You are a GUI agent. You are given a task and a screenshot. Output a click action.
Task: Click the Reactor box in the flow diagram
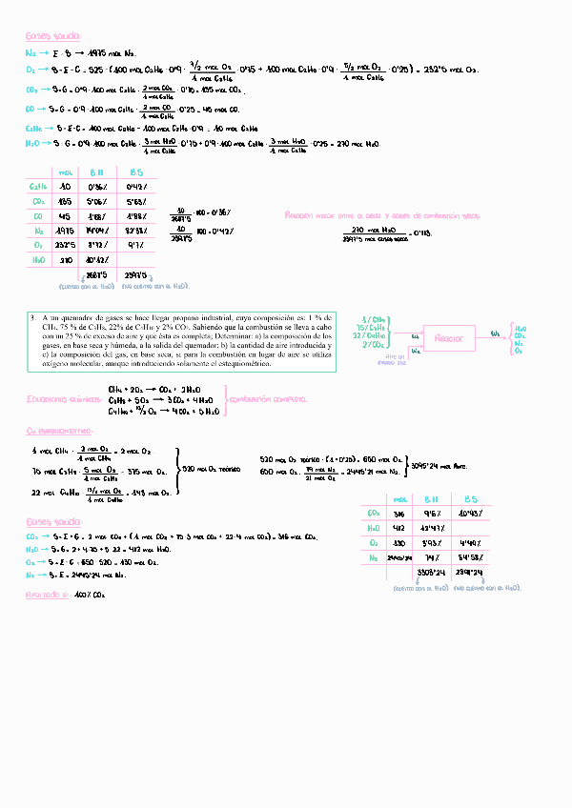tap(448, 338)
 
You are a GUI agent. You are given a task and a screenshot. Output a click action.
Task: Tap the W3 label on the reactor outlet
tap(494, 333)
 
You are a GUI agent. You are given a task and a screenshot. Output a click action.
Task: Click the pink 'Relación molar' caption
tap(362, 216)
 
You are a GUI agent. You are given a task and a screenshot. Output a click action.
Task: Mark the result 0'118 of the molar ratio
tap(420, 233)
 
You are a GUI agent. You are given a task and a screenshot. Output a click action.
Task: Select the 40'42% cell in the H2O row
tap(96, 259)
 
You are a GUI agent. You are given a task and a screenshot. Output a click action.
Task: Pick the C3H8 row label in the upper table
tap(39, 187)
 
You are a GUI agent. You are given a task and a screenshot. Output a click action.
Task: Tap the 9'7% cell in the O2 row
tap(136, 244)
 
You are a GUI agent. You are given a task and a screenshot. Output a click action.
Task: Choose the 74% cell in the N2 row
tap(432, 557)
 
